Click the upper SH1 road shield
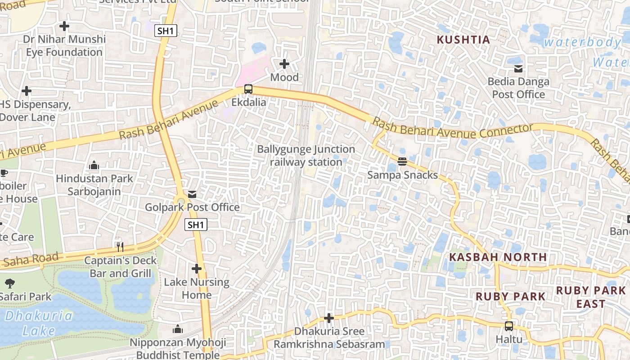[x=166, y=31]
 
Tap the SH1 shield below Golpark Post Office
[x=196, y=225]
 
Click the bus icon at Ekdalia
[x=248, y=89]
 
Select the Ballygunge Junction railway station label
[x=306, y=155]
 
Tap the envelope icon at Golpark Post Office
[x=192, y=194]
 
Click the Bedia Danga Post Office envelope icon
[x=518, y=69]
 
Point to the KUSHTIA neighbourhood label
[x=463, y=40]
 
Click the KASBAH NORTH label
[x=498, y=257]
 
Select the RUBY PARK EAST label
[x=590, y=297]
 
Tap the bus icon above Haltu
[x=509, y=326]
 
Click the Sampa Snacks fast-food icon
[x=402, y=161]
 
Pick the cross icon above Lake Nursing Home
[x=197, y=269]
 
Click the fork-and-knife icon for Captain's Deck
[x=120, y=247]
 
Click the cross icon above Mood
[x=284, y=64]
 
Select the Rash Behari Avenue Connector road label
[x=452, y=129]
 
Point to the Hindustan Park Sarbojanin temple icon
[x=94, y=165]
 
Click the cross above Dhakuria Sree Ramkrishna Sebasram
[x=329, y=318]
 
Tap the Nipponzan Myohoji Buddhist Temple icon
[x=178, y=329]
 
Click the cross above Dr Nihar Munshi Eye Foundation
[x=64, y=26]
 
